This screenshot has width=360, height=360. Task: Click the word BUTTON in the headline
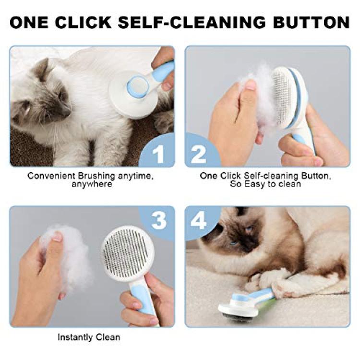(x=312, y=22)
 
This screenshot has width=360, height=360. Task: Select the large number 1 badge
(x=158, y=154)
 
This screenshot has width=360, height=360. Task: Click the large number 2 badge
(x=198, y=154)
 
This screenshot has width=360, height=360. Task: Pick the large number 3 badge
(x=159, y=220)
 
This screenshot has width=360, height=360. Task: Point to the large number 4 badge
(x=198, y=220)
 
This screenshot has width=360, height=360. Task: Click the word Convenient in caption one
(x=51, y=176)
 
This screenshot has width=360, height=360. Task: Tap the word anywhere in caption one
(x=92, y=184)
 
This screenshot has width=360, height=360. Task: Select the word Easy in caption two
(x=255, y=184)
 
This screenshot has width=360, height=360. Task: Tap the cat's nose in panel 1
(x=66, y=112)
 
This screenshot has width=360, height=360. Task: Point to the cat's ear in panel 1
(x=41, y=69)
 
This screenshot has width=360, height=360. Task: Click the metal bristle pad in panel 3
(x=125, y=253)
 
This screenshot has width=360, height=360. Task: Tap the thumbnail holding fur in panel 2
(x=251, y=84)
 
